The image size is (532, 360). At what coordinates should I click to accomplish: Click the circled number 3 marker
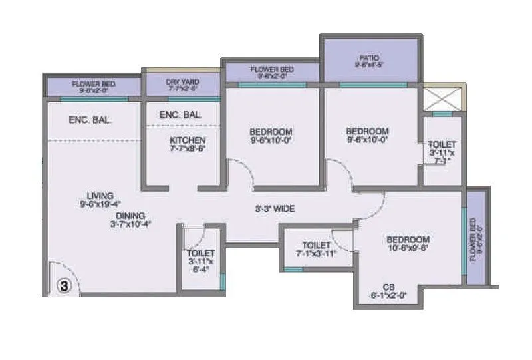pos(63,286)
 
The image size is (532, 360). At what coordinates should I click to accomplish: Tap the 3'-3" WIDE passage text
pos(276,208)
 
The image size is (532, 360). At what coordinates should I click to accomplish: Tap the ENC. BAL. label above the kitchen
pos(181,115)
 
